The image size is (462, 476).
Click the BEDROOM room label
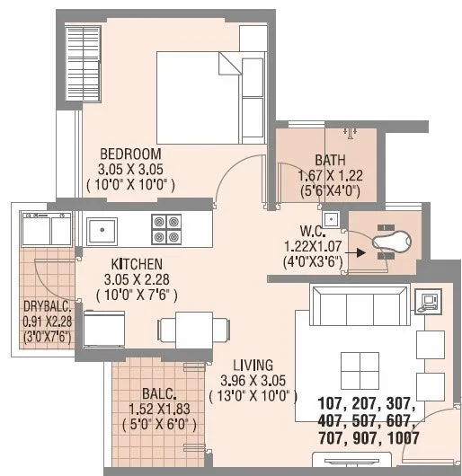(x=130, y=153)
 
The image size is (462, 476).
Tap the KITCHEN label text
(x=137, y=264)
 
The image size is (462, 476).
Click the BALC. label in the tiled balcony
(x=159, y=392)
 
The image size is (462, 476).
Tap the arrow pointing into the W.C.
(x=357, y=252)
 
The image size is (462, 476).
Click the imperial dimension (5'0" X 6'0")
(x=163, y=423)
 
